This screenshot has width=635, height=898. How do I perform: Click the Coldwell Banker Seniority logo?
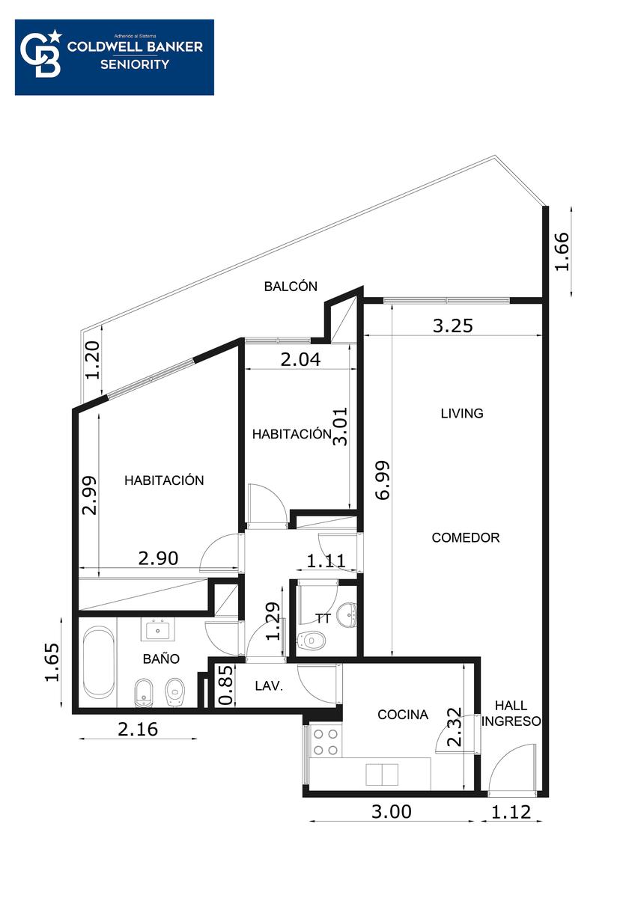[115, 58]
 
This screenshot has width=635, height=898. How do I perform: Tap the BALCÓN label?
[291, 286]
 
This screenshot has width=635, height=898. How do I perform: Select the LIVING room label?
[462, 413]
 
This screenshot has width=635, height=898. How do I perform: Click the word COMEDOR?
[466, 537]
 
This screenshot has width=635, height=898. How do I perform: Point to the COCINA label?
[403, 715]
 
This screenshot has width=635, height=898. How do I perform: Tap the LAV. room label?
[269, 686]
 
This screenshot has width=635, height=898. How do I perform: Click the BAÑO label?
[161, 659]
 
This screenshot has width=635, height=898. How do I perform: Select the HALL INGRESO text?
[511, 713]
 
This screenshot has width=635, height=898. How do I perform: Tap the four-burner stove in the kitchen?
[326, 742]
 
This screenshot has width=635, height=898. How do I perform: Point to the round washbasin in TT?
[347, 614]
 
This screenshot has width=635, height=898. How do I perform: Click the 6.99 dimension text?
[383, 480]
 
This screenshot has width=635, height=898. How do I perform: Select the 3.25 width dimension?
[453, 326]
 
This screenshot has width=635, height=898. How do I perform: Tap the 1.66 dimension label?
[562, 251]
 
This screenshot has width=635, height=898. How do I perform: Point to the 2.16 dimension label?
[138, 729]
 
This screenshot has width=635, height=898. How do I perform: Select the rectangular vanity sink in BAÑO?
[158, 630]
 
